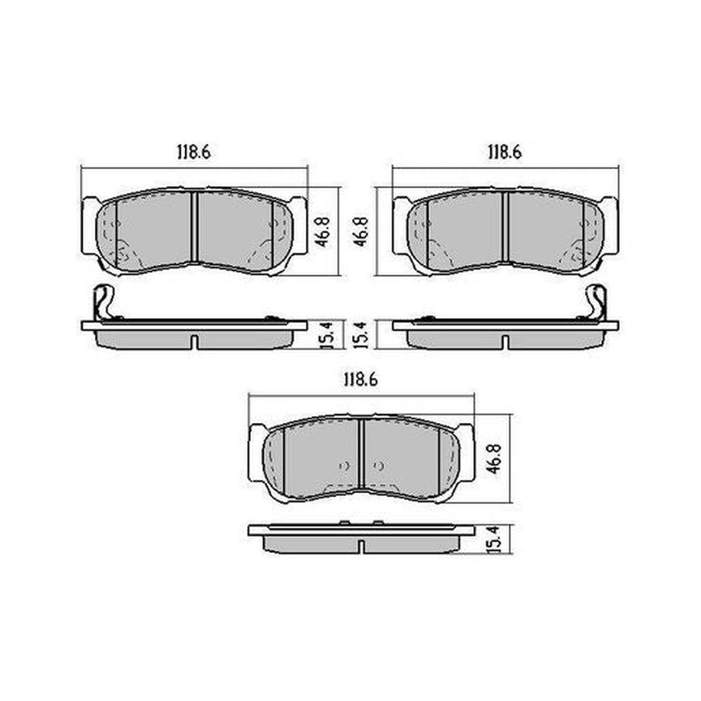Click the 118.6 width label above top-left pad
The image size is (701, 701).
point(193,152)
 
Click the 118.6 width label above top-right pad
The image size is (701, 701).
point(505,152)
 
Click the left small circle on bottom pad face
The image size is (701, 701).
point(344,466)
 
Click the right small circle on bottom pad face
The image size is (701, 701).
point(380,466)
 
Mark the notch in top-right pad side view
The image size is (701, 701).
point(505,341)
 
